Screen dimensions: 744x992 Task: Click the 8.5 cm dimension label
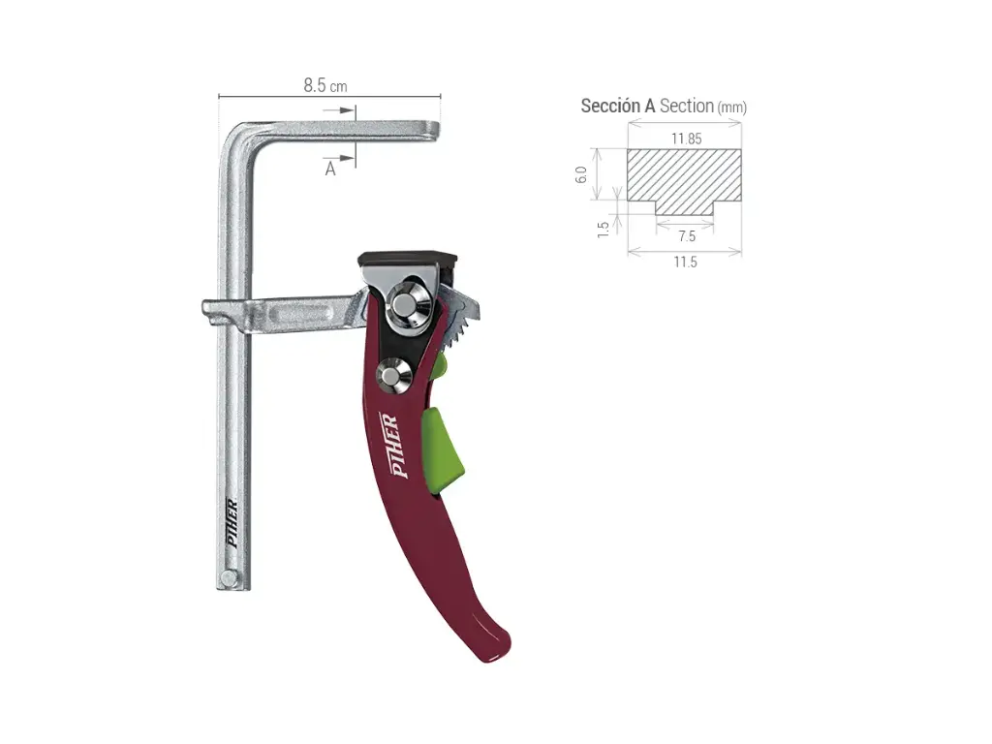[325, 85]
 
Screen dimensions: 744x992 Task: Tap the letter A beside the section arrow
[330, 170]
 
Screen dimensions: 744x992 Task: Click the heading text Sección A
[618, 107]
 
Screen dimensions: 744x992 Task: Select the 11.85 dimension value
[686, 139]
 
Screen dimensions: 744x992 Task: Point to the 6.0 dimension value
[581, 175]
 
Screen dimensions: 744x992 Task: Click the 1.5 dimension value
[603, 229]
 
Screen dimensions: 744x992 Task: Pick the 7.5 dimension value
[686, 236]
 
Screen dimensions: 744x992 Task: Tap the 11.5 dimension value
[685, 262]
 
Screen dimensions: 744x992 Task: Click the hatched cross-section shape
[684, 179]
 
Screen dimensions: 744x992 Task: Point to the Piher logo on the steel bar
[232, 524]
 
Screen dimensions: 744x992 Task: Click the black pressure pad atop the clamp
[407, 259]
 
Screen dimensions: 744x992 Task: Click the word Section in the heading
[686, 107]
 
